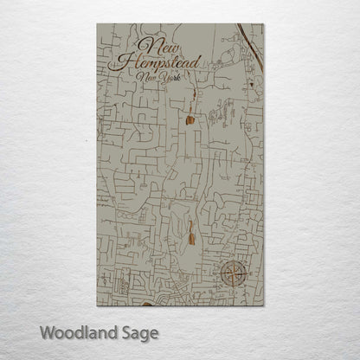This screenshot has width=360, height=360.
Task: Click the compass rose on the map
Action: coord(232,275)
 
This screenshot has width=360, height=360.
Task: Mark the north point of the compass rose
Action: coord(232,261)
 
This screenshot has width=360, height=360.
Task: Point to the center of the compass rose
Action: coord(232,275)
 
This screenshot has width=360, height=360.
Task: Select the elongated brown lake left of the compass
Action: coord(190,230)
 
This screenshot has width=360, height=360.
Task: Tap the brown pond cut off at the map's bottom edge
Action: coord(146,304)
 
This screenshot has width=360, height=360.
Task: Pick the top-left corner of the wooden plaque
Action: coord(97,24)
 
